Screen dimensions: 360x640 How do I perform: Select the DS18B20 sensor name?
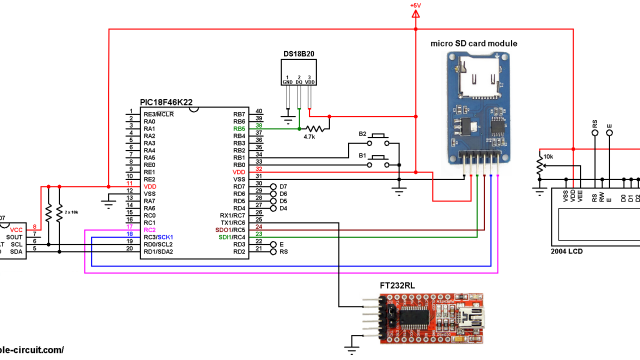[x=298, y=52]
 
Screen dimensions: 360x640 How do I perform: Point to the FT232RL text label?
[x=399, y=285]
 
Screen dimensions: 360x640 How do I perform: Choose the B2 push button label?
[x=364, y=133]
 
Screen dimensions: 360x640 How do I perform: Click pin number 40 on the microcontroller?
[x=259, y=111]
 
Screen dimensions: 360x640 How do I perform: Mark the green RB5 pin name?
[x=239, y=129]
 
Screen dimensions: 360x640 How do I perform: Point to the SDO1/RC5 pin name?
[x=232, y=228]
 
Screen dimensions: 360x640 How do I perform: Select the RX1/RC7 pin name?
[x=233, y=214]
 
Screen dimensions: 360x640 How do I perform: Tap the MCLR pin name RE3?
[x=159, y=115]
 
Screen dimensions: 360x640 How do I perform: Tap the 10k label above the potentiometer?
[x=547, y=156]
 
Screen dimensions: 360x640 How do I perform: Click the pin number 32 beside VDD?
[x=259, y=171]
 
